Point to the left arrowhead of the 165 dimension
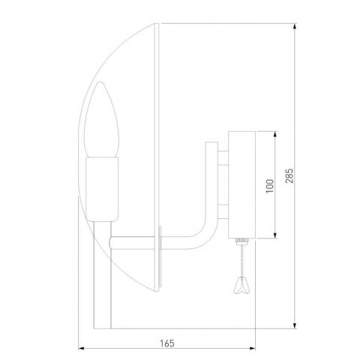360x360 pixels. click(82, 349)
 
